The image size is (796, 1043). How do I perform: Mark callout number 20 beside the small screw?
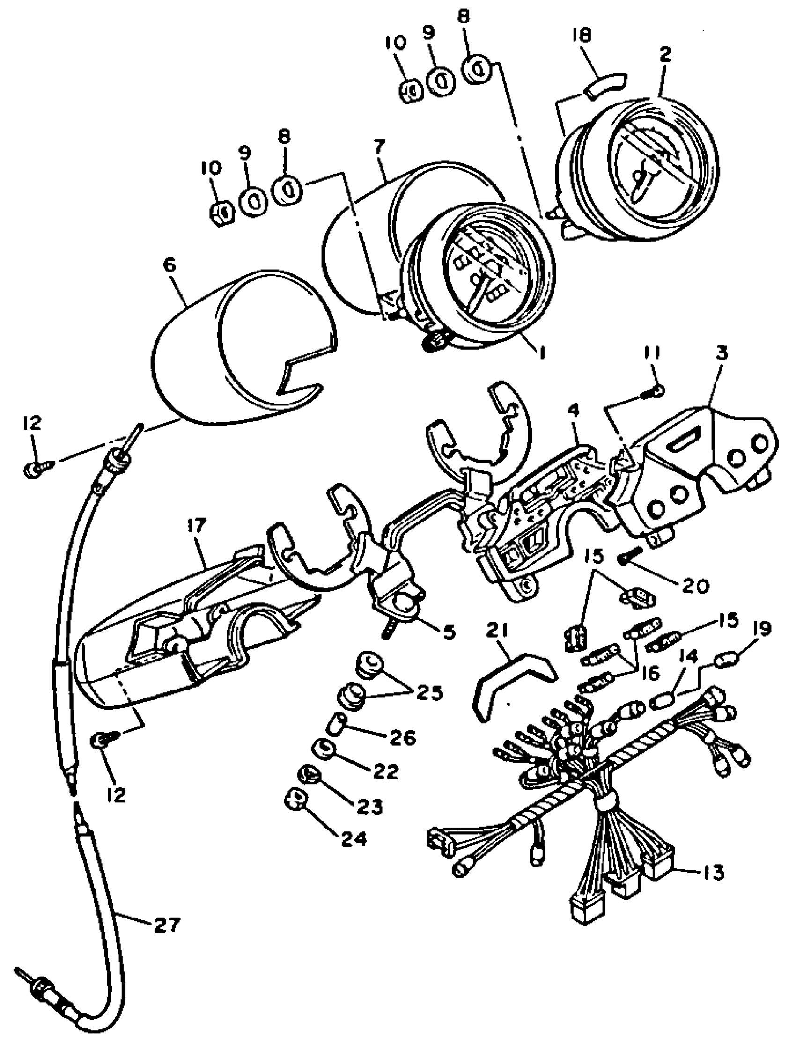pyautogui.click(x=696, y=587)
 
